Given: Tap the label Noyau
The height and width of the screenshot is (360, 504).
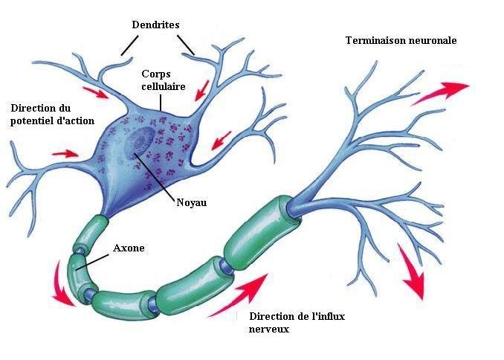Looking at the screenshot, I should click(191, 201).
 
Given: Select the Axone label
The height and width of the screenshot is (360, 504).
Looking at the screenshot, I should click(129, 248).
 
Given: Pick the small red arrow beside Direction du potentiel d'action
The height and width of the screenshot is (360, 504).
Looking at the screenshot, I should click(65, 153).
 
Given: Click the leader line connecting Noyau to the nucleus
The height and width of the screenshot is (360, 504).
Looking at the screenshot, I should click(156, 176).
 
